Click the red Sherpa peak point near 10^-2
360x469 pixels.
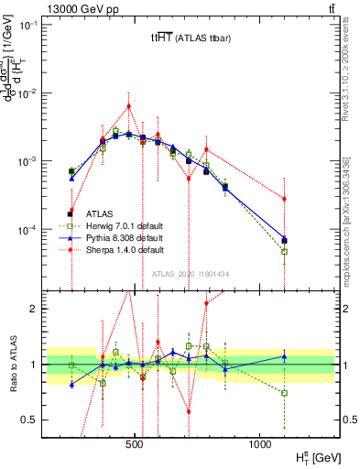[128, 105]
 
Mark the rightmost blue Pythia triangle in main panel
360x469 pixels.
[284, 239]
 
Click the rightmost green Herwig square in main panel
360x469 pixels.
[284, 251]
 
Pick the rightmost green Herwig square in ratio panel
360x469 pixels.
[284, 393]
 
